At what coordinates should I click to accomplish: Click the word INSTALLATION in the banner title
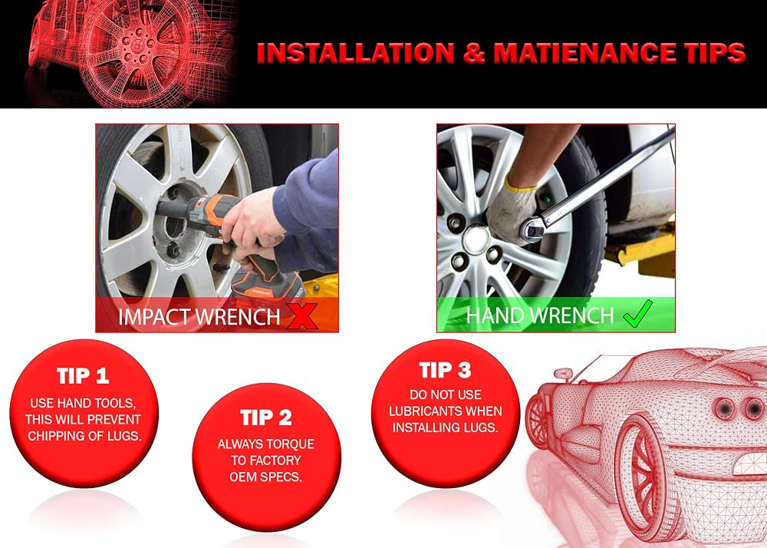(356, 53)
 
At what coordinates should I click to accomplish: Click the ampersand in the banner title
(474, 53)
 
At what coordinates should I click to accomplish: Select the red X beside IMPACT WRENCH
(301, 315)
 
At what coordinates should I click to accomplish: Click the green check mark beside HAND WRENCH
(637, 314)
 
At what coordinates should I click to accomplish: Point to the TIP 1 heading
(83, 376)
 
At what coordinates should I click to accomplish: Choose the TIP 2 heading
(266, 418)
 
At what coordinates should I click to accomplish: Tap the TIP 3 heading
(445, 371)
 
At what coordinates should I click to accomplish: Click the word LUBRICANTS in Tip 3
(426, 411)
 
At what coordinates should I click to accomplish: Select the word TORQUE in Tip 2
(291, 444)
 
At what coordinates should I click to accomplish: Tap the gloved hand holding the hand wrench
(512, 213)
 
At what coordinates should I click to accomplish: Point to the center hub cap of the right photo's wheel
(476, 239)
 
